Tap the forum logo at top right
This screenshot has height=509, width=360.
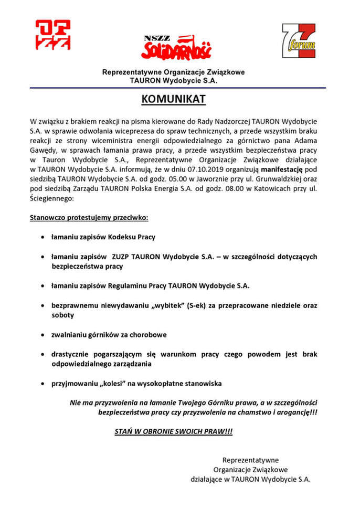(299, 41)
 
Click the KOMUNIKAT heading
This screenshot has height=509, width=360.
(173, 99)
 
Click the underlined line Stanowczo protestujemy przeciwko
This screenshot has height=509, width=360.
(89, 217)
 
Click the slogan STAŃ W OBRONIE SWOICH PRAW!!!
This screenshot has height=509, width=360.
(173, 431)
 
